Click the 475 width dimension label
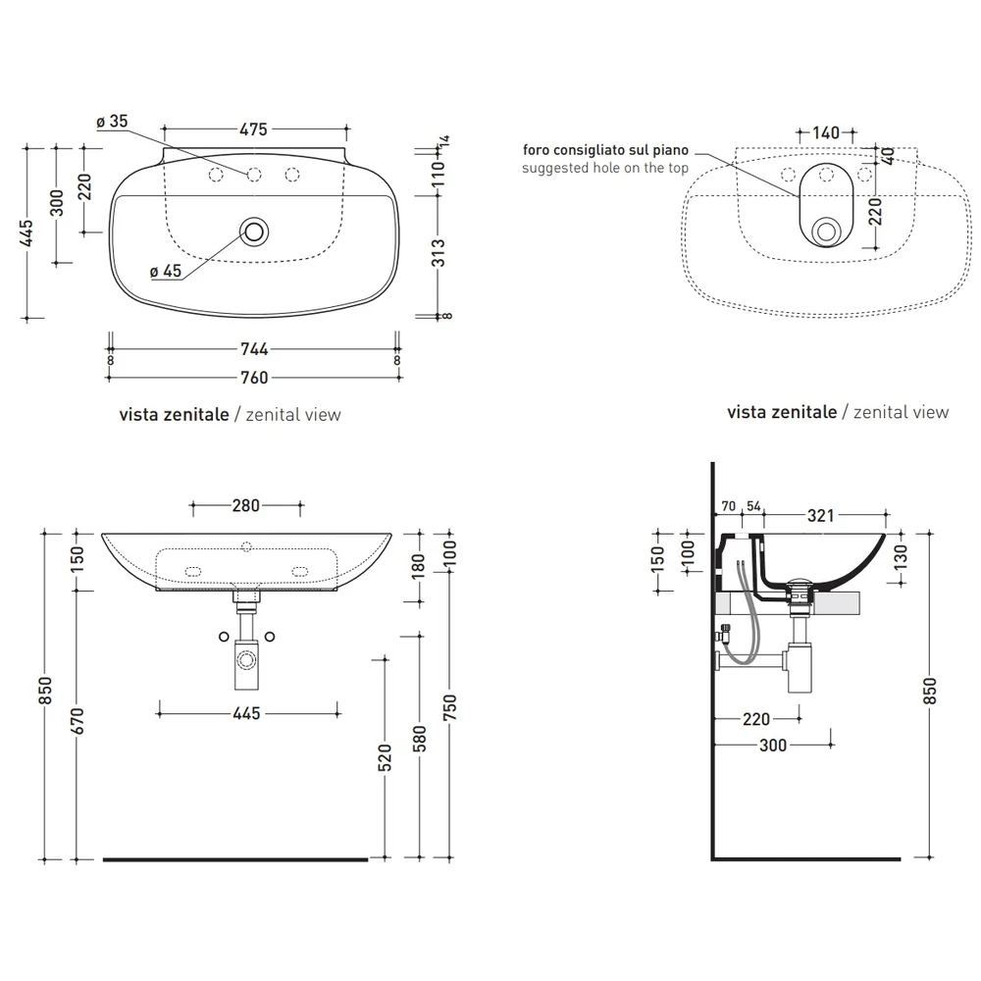click(253, 129)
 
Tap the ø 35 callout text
click(112, 122)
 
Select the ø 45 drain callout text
click(165, 271)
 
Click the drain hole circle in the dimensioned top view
click(254, 232)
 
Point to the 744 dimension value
click(255, 349)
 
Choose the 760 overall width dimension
click(255, 378)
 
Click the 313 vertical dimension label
click(439, 253)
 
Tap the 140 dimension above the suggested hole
click(826, 132)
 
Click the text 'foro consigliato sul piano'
click(605, 150)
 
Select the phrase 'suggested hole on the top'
click(605, 168)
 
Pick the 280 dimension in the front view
click(246, 505)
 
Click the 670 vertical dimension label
click(77, 721)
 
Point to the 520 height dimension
click(385, 757)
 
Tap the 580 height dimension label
click(419, 739)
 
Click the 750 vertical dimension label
click(450, 707)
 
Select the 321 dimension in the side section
click(821, 516)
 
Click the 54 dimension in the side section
click(753, 506)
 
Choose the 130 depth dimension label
click(901, 557)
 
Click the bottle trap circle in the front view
click(246, 660)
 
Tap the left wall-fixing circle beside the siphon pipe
click(224, 637)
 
